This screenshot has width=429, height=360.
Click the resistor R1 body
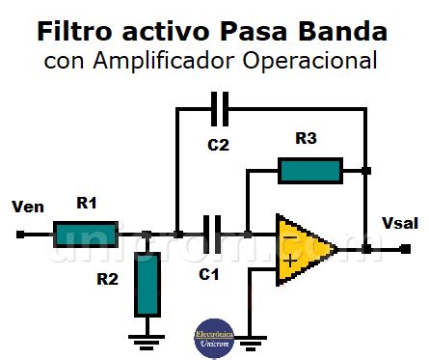86,234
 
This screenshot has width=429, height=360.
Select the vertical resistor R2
147,284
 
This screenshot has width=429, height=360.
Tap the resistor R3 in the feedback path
309,172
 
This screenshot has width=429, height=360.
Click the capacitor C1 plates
213,234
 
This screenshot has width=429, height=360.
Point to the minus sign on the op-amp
289,235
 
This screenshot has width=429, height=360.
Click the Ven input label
28,207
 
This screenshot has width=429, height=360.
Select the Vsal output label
400,223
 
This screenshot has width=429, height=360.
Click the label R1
88,204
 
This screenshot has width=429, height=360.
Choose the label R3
306,139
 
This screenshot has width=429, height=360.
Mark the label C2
218,146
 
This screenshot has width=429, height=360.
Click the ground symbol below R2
147,337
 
